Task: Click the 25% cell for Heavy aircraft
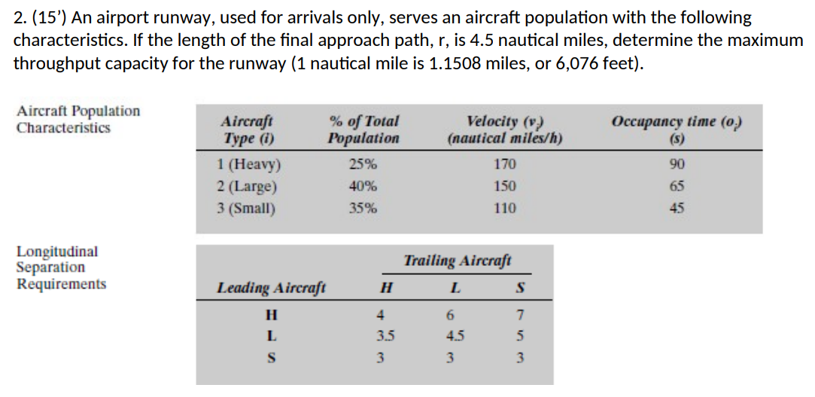(363, 165)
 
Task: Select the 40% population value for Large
(363, 187)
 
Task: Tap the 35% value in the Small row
(363, 209)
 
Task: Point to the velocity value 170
(505, 165)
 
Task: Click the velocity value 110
(505, 209)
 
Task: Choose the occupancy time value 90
(677, 165)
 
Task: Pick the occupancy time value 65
(677, 187)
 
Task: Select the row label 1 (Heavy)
(249, 165)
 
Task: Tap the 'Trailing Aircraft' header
(458, 261)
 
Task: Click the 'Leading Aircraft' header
(271, 288)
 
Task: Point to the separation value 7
(520, 314)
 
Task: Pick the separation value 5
(520, 335)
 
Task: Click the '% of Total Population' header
(363, 130)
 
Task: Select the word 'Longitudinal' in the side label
(57, 252)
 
